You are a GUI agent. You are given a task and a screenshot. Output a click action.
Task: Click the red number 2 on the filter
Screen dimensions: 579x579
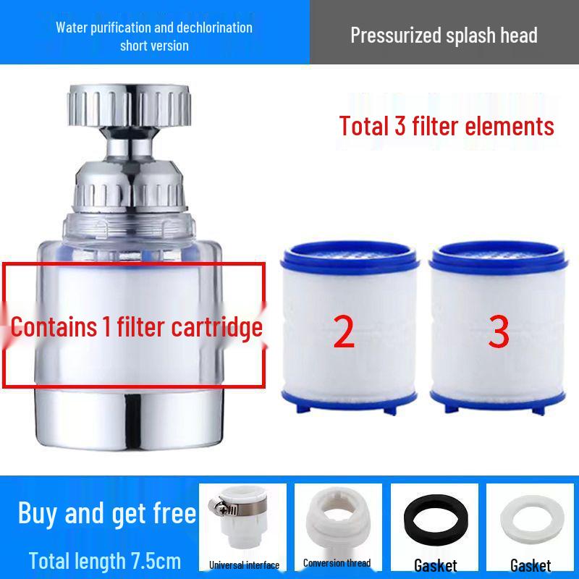[x=345, y=331]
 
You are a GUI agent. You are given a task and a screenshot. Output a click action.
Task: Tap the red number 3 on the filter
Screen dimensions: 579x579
[x=499, y=331]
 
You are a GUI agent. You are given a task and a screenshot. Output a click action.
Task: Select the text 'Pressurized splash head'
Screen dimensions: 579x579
[x=444, y=35]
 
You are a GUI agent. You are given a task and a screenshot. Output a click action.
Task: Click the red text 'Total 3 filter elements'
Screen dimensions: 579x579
[x=447, y=126]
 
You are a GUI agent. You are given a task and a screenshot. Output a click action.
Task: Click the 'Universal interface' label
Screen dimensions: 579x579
[x=244, y=565]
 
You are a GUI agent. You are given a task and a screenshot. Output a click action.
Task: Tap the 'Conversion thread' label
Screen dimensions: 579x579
[x=337, y=562]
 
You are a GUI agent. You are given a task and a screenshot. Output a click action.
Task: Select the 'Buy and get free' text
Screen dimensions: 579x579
[x=107, y=513]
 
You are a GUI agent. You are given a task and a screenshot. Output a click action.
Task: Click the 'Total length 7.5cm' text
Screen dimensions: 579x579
[x=105, y=560]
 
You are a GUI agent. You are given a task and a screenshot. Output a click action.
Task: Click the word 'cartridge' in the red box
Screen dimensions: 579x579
[x=216, y=327]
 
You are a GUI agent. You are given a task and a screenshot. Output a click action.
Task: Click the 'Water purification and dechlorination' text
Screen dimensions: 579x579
[x=154, y=28]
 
